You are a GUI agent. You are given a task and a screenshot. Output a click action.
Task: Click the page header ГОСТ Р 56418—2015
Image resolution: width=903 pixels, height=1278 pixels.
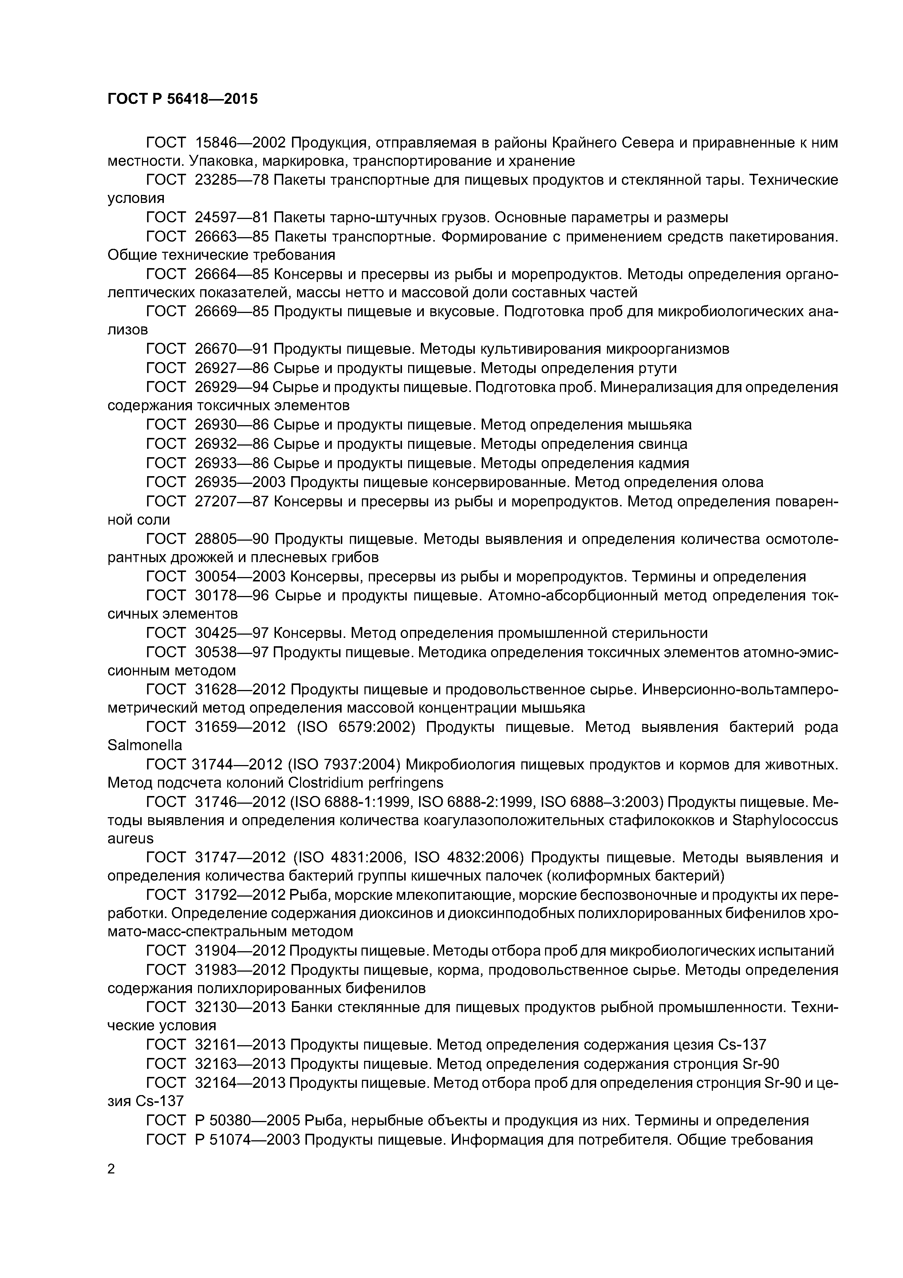coord(182,99)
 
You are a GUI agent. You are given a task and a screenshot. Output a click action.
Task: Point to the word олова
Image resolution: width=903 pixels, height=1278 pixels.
coord(742,482)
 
